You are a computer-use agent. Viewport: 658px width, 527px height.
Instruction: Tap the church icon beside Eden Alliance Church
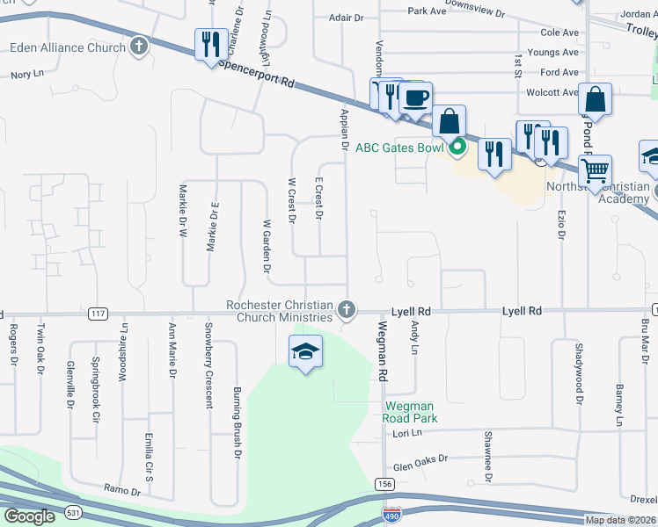coord(138,47)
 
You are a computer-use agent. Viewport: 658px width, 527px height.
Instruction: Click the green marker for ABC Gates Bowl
coord(457,147)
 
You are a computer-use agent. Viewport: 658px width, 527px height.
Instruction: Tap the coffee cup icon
coord(416,97)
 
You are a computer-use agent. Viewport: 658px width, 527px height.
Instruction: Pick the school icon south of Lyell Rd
coord(305,351)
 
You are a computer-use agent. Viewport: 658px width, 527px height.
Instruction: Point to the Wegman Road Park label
coord(412,413)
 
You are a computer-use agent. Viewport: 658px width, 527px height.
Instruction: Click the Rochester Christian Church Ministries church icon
coord(347,310)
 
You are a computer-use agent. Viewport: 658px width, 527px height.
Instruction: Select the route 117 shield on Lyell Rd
coord(98,314)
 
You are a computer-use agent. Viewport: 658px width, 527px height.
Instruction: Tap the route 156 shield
coord(384,484)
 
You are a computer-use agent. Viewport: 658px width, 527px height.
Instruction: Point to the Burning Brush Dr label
coord(237,423)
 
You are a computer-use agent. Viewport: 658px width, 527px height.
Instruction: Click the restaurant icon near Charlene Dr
coord(210,44)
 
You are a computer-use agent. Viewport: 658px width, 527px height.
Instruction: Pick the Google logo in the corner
coord(29,516)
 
